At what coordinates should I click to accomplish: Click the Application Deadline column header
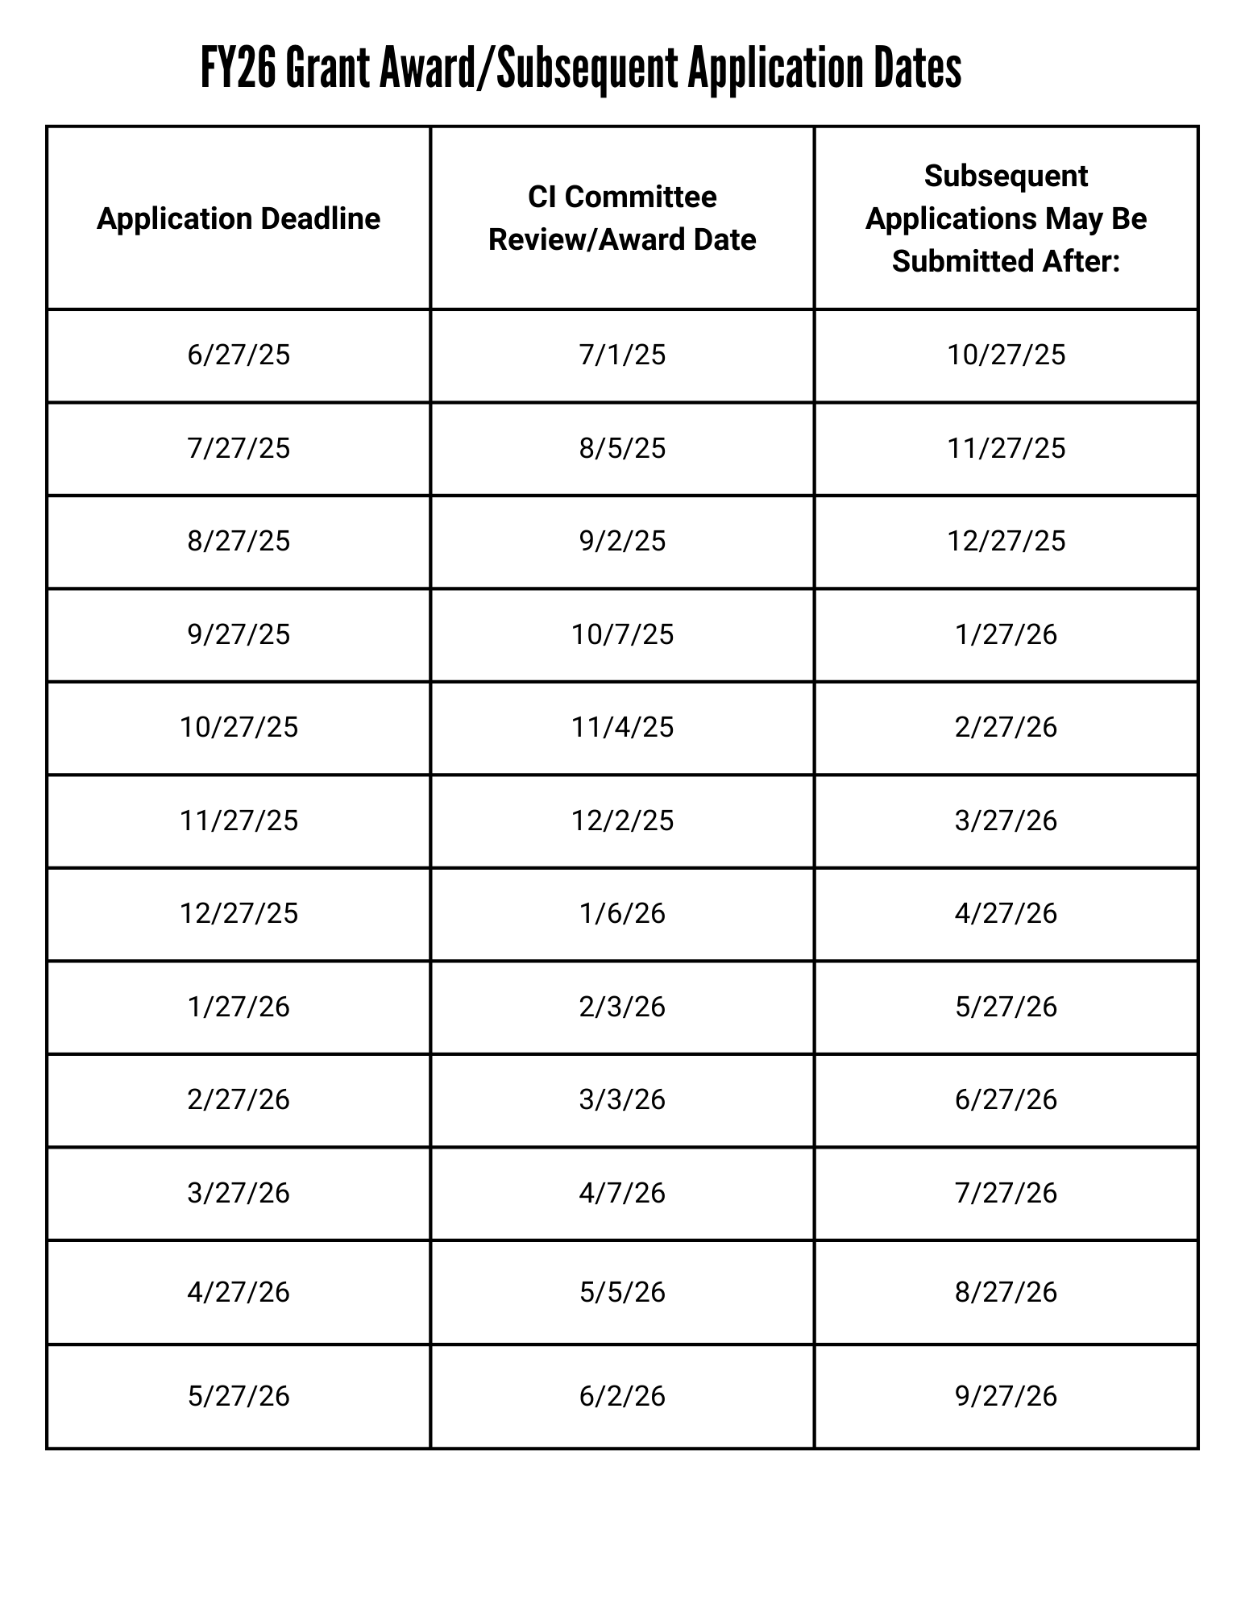click(x=239, y=219)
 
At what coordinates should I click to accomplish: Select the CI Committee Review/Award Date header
click(x=622, y=218)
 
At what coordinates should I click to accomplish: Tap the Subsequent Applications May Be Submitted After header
click(x=1006, y=218)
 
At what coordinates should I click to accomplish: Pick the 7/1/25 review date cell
click(x=622, y=355)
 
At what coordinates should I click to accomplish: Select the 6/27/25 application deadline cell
click(x=239, y=355)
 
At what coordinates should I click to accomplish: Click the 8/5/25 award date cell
click(x=622, y=448)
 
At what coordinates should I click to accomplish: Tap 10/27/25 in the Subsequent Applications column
click(x=1006, y=355)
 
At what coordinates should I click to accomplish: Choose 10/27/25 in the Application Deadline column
click(x=239, y=728)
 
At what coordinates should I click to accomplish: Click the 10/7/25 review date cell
click(x=622, y=635)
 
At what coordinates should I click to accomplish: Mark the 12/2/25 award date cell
click(x=622, y=821)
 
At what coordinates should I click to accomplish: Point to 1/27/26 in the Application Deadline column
click(x=239, y=1008)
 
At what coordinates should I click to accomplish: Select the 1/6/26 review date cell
click(x=622, y=914)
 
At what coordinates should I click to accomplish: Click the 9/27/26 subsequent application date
click(x=1006, y=1396)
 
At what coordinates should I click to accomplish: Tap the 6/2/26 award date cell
click(x=622, y=1396)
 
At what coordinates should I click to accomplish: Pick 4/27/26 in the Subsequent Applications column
click(x=1006, y=914)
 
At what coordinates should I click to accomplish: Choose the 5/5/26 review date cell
click(x=622, y=1293)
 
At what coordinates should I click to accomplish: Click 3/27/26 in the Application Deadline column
click(x=239, y=1194)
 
